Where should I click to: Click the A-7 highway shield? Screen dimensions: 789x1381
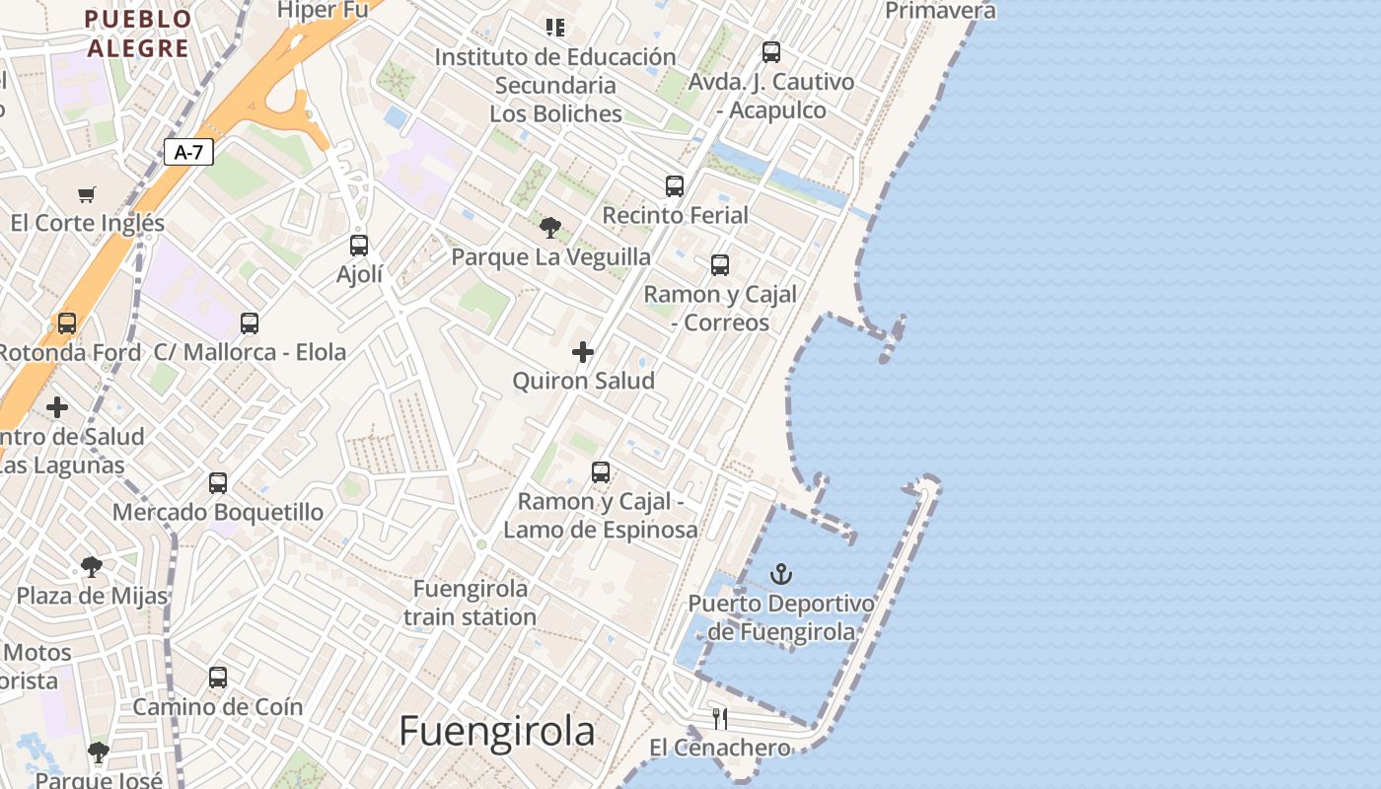(x=188, y=152)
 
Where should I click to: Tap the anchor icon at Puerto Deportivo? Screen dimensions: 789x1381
(x=781, y=573)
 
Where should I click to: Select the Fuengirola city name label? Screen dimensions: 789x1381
(x=497, y=732)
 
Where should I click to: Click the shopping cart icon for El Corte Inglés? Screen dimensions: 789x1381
(x=87, y=194)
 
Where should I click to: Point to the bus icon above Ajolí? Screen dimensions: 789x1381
(x=359, y=245)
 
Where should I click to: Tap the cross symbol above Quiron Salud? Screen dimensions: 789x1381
(x=583, y=351)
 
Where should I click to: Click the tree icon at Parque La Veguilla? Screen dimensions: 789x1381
(x=550, y=228)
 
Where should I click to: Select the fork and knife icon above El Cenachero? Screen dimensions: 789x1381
(x=720, y=718)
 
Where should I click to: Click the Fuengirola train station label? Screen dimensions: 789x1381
(x=471, y=603)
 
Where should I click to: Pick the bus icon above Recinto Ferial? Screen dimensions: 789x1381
(x=675, y=185)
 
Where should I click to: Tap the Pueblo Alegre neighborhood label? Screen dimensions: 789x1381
(x=138, y=33)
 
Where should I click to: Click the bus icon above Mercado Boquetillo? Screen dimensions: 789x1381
(x=218, y=483)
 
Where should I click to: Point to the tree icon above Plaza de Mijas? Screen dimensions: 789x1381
(x=92, y=567)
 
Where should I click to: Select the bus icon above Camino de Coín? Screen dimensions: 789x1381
(x=218, y=678)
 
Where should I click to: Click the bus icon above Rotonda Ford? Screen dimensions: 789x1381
(x=67, y=323)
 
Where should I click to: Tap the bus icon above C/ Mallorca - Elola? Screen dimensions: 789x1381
(x=250, y=323)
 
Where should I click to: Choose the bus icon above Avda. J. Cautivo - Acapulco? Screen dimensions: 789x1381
(x=771, y=52)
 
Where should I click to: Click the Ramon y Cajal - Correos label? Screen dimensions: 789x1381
(x=720, y=308)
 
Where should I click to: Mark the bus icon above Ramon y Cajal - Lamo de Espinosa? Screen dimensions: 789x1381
(x=601, y=472)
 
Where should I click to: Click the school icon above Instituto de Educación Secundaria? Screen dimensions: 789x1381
(x=555, y=28)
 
